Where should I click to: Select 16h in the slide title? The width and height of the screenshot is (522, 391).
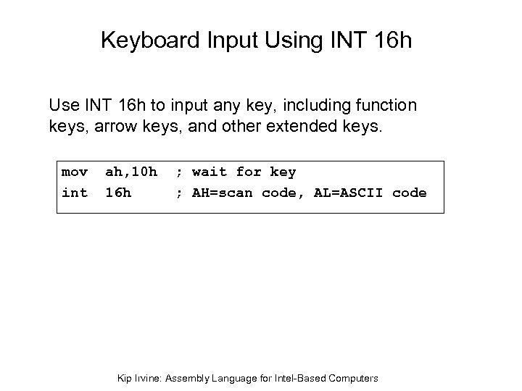(x=391, y=40)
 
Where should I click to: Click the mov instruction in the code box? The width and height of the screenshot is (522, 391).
(x=75, y=172)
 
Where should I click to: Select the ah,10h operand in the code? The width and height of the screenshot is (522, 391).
(x=131, y=172)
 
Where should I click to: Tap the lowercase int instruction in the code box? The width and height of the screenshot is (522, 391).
(x=75, y=193)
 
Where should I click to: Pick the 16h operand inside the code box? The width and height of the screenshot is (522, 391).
(x=118, y=193)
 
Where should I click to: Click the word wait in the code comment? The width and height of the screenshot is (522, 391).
(x=210, y=172)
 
